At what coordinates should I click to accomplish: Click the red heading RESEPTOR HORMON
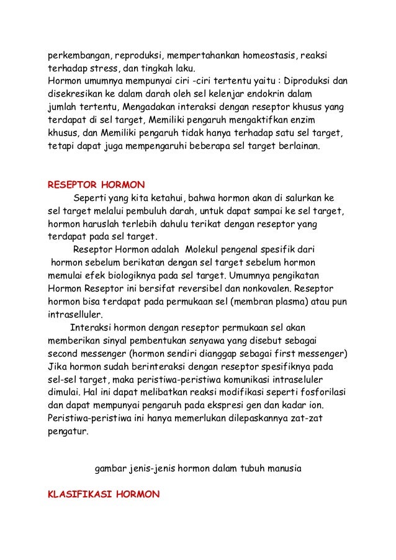[x=96, y=185]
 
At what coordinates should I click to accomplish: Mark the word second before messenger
[x=63, y=354]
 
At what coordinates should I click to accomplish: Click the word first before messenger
[x=291, y=354]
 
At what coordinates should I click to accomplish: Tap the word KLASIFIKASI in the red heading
[x=79, y=495]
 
